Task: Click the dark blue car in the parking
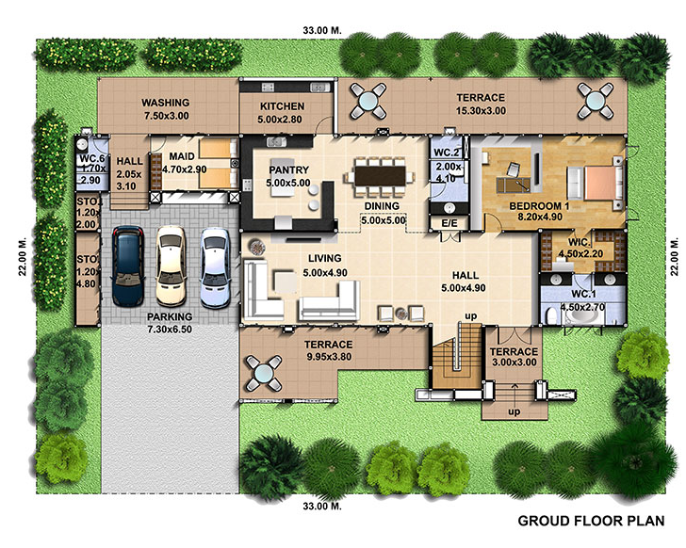click(128, 266)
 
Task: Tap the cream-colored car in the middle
click(171, 266)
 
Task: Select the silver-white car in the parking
click(215, 268)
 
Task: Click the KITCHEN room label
click(282, 106)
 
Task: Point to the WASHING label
click(166, 103)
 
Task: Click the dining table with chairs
click(380, 177)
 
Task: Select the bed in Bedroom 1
click(596, 183)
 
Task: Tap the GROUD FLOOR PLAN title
click(591, 521)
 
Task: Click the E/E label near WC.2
click(449, 223)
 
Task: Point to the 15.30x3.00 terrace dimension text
click(481, 111)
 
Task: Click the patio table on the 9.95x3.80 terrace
click(264, 373)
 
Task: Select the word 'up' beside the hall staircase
click(471, 315)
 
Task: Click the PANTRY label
click(288, 170)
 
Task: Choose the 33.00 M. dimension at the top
click(322, 30)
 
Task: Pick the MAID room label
click(182, 156)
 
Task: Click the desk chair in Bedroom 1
click(514, 169)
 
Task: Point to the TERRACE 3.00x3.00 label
click(514, 357)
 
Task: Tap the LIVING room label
click(324, 259)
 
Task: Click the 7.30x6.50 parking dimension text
click(170, 330)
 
